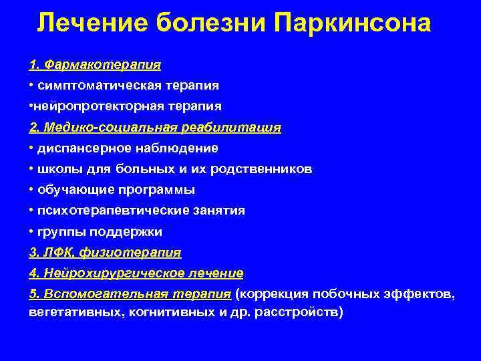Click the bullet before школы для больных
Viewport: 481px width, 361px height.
(x=32, y=169)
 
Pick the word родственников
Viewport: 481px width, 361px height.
(x=261, y=169)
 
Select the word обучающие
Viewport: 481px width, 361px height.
(x=71, y=190)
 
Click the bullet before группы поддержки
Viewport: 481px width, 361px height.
(x=32, y=232)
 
